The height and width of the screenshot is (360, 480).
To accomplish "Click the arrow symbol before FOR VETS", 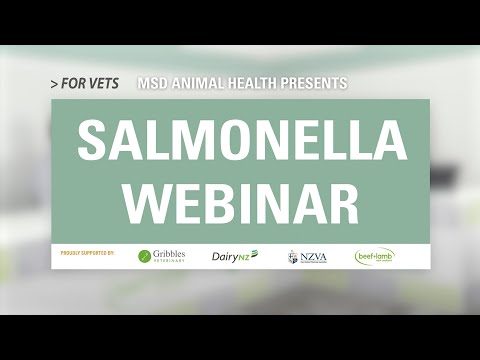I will pyautogui.click(x=53, y=84).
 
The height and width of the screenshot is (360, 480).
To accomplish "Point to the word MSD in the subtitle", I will pyautogui.click(x=153, y=83).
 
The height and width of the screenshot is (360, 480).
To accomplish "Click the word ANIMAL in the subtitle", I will pyautogui.click(x=197, y=83).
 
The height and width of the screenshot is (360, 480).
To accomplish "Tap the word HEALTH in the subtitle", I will pyautogui.click(x=254, y=83).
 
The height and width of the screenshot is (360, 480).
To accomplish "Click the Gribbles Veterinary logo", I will pyautogui.click(x=161, y=256).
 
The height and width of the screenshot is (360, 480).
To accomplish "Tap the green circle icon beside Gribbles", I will pyautogui.click(x=145, y=256).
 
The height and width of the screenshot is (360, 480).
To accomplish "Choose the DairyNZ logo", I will pyautogui.click(x=234, y=256).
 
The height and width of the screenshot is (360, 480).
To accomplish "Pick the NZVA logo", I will pyautogui.click(x=307, y=256).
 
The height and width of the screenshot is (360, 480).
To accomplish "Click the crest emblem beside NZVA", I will pyautogui.click(x=293, y=257).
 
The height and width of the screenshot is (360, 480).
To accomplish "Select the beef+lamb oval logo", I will pyautogui.click(x=374, y=256).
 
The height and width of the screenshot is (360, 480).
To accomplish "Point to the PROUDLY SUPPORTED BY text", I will pyautogui.click(x=88, y=253).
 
